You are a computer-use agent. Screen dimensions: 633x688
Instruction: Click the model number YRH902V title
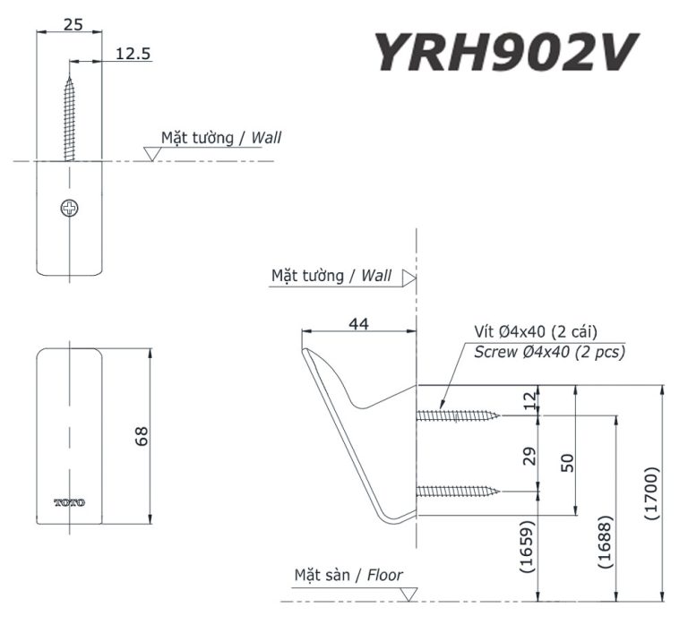tap(505, 52)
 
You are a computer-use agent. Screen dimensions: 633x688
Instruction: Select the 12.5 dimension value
tap(132, 54)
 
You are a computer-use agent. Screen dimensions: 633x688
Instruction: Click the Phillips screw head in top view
tap(70, 209)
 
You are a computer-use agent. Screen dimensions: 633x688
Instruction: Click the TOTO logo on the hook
tap(70, 502)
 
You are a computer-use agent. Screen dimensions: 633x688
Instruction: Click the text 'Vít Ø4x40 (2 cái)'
tap(536, 332)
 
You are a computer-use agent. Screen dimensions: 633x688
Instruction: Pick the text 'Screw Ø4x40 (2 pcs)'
tap(549, 352)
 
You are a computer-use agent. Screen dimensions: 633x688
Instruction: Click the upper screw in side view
tap(459, 415)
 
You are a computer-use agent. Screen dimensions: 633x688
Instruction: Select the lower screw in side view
tap(459, 491)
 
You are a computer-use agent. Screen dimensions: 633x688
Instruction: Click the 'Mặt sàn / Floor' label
tap(348, 575)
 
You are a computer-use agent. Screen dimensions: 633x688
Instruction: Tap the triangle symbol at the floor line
tap(409, 594)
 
